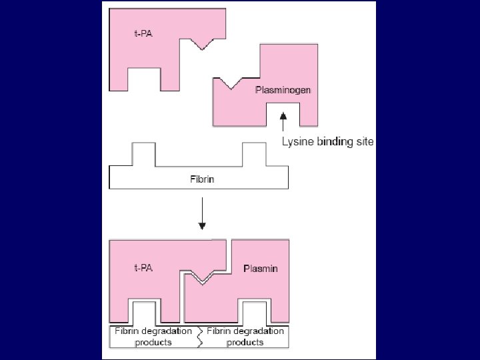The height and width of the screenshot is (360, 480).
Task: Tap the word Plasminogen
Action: coord(283,89)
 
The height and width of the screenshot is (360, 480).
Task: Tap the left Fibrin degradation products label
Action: coord(153,337)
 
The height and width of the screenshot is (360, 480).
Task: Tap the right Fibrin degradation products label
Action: coord(245,337)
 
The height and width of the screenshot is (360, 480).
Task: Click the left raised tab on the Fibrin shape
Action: coord(143,154)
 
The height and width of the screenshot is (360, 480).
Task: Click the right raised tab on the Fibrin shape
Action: coord(254,154)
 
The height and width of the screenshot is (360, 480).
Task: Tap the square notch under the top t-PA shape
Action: coord(142,79)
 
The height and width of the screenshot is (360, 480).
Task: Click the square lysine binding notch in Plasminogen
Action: coord(283,115)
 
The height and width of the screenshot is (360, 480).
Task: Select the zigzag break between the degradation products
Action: coord(199,337)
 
